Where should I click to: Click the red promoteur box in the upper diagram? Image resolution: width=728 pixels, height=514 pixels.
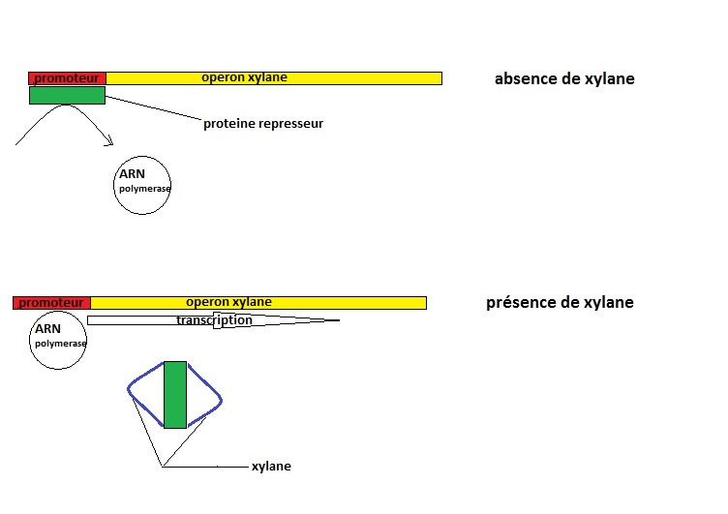[x=67, y=77]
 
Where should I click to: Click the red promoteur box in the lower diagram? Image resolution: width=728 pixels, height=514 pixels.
[x=51, y=302]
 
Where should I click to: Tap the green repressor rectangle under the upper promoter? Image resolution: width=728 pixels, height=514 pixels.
[x=67, y=95]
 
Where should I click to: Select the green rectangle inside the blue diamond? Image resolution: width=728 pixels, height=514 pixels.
[x=175, y=394]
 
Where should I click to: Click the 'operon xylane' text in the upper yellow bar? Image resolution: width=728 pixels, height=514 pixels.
[x=244, y=77]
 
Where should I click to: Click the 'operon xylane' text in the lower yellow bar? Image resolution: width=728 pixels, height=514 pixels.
[x=228, y=302]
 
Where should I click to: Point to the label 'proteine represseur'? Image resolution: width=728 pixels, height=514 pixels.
[x=263, y=124]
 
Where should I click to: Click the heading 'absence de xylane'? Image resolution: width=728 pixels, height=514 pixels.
[x=564, y=79]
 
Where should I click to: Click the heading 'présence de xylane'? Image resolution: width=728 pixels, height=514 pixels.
[x=560, y=303]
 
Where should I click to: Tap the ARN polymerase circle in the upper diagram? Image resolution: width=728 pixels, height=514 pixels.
[x=142, y=185]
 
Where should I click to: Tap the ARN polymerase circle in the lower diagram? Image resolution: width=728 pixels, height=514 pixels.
[x=58, y=341]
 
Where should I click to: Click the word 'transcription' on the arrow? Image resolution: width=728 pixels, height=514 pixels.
[x=214, y=320]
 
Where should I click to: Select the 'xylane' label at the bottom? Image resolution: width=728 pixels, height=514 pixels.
[x=271, y=467]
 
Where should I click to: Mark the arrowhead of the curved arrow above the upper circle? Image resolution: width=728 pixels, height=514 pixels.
[x=109, y=143]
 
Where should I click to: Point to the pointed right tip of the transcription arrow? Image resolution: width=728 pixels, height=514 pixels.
[x=338, y=320]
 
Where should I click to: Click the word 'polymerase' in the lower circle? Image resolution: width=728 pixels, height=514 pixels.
[x=61, y=344]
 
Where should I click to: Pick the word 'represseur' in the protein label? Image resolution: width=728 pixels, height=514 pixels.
[x=288, y=124]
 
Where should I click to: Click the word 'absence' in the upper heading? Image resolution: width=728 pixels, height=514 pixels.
[x=523, y=79]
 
